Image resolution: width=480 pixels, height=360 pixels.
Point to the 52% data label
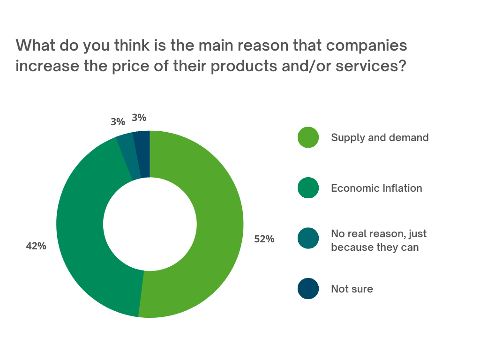pos(264,239)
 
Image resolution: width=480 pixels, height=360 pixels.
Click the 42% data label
pos(36,246)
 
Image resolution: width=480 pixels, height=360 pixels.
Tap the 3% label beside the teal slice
pos(118,122)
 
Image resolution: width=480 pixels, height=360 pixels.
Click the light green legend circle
pos(308,137)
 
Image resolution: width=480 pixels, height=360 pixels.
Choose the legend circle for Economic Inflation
pos(308,188)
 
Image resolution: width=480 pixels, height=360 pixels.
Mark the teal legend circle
pos(308,239)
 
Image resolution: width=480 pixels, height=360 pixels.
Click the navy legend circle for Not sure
pos(308,288)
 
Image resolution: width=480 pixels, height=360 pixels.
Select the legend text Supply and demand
pos(380,137)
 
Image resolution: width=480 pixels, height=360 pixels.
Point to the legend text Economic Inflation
pos(376,188)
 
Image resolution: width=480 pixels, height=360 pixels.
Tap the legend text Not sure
pos(352,288)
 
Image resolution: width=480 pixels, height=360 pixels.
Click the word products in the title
pos(244,66)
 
